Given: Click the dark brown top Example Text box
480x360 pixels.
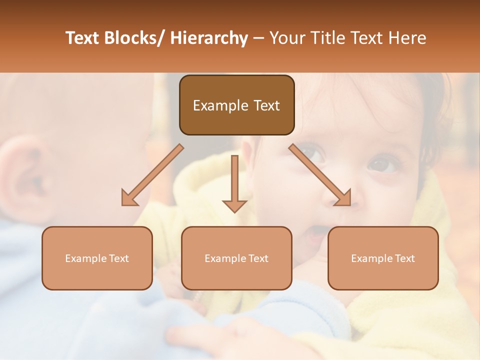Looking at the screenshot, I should tap(236, 105).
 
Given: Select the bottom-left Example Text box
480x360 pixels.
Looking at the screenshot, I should tap(97, 258).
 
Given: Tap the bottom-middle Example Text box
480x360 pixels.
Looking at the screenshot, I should tap(236, 258).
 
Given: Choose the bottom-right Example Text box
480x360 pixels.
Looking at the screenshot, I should tap(383, 258).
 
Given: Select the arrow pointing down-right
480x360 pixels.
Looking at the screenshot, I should tap(320, 175).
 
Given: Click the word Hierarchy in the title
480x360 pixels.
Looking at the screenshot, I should tap(208, 38).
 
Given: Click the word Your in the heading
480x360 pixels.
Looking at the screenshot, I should tap(286, 38).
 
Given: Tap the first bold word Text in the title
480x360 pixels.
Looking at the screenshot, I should tap(83, 38).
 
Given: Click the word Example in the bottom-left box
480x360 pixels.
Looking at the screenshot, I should tap(85, 258).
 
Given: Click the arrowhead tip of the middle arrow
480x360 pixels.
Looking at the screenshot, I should tap(234, 212).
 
